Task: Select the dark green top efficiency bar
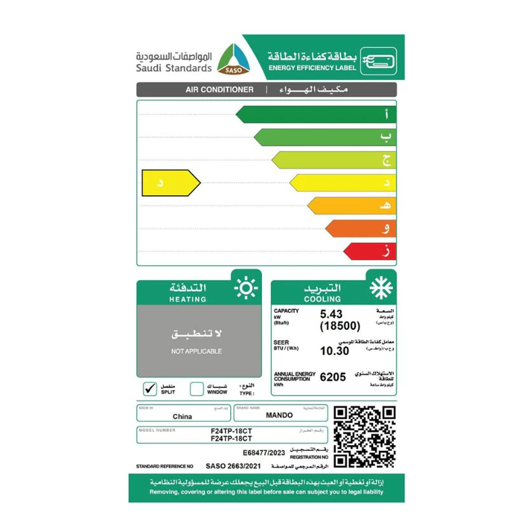(316, 114)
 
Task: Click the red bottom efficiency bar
(370, 251)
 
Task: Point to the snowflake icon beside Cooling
(379, 289)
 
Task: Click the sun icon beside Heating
(245, 289)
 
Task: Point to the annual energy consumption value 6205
(333, 377)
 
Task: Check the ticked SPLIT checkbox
(151, 389)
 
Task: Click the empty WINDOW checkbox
(197, 389)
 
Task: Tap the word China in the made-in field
(182, 417)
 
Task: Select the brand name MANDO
(278, 417)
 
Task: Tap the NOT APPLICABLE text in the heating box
(196, 351)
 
